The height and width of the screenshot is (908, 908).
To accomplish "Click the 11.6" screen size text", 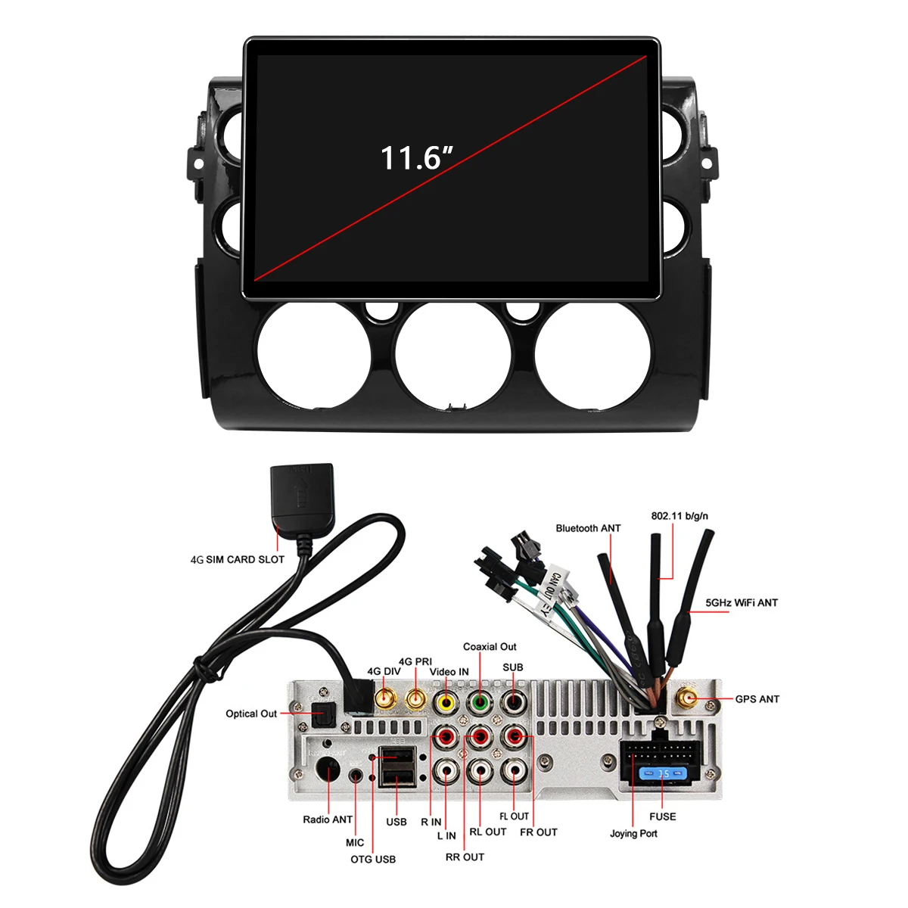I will [x=416, y=157].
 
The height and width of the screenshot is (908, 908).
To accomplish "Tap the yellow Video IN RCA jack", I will [x=446, y=702].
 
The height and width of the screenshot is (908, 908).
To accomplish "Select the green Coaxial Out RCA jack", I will [x=480, y=702].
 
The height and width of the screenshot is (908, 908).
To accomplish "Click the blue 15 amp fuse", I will [x=662, y=774].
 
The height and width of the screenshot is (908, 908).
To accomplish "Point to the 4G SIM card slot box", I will [x=302, y=498].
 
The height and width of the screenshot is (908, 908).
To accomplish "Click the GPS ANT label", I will [x=757, y=699].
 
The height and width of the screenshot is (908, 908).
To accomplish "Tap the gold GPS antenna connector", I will [x=687, y=698].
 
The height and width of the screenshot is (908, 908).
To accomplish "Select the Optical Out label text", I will [x=251, y=714].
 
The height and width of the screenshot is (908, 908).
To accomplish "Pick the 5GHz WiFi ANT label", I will [x=742, y=603].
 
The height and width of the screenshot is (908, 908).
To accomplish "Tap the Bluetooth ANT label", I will [x=588, y=528].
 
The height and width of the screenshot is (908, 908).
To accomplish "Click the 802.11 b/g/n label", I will [x=679, y=516].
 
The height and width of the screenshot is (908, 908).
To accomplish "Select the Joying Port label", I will [x=633, y=834].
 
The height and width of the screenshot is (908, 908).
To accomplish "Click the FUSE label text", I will [x=662, y=816].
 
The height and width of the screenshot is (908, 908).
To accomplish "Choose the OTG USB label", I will [x=373, y=860].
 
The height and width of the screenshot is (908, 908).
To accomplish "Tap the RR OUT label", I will [x=465, y=857].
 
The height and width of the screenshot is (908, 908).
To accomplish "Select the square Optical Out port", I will [x=325, y=714].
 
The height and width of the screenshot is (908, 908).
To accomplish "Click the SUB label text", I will [x=512, y=667].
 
